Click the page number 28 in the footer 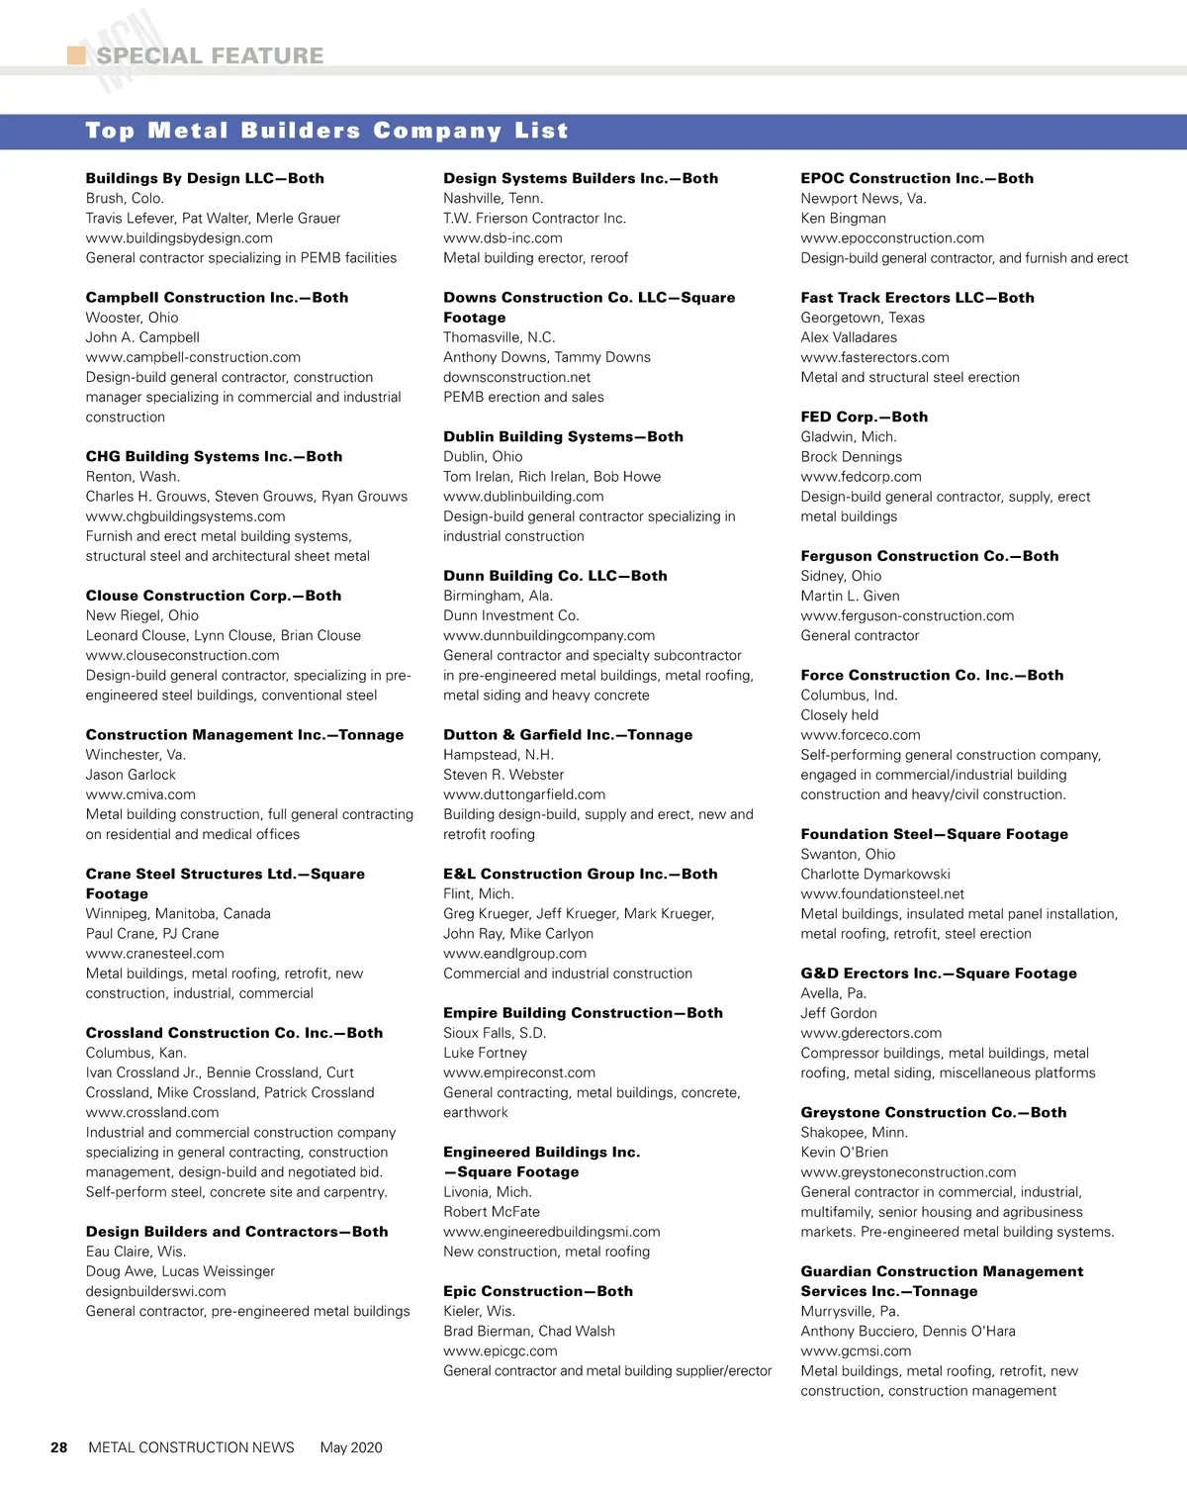(x=59, y=1447)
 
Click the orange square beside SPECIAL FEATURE (x=76, y=55)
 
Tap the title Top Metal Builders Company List (x=326, y=131)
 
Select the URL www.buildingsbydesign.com (x=179, y=237)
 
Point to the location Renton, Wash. (x=133, y=476)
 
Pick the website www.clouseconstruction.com (x=182, y=655)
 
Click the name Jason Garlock (x=131, y=775)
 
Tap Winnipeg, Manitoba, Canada (x=178, y=913)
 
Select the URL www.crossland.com (x=152, y=1112)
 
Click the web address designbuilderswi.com (x=155, y=1291)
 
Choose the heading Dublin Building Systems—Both (x=563, y=436)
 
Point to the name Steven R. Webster (x=503, y=775)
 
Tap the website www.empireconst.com (x=519, y=1072)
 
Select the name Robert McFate (x=492, y=1212)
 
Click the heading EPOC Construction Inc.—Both (x=917, y=178)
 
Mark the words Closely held (x=840, y=714)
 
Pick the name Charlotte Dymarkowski (x=875, y=874)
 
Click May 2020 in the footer (x=351, y=1447)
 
